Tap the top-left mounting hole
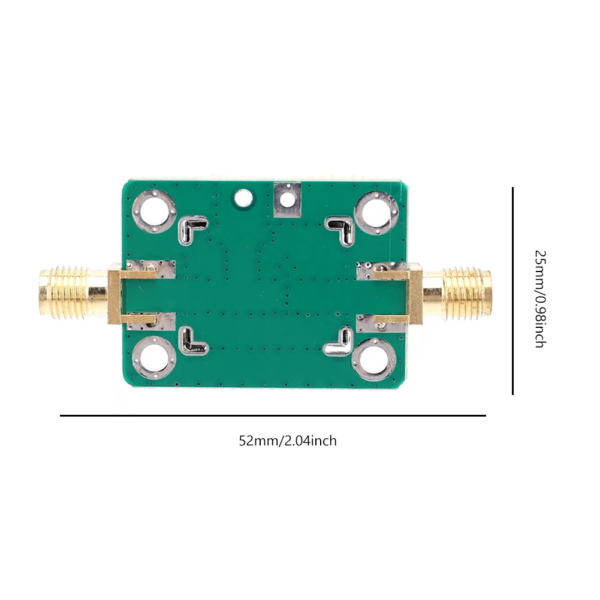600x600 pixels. pyautogui.click(x=155, y=212)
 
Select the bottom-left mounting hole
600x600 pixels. pyautogui.click(x=155, y=358)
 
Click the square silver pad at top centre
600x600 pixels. pyautogui.click(x=287, y=200)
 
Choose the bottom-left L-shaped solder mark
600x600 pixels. pyautogui.click(x=192, y=341)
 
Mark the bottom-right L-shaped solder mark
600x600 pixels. pyautogui.click(x=339, y=342)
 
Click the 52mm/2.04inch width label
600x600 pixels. pyautogui.click(x=288, y=441)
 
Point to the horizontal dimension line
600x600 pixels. pyautogui.click(x=273, y=415)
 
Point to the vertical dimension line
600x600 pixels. pyautogui.click(x=512, y=291)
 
